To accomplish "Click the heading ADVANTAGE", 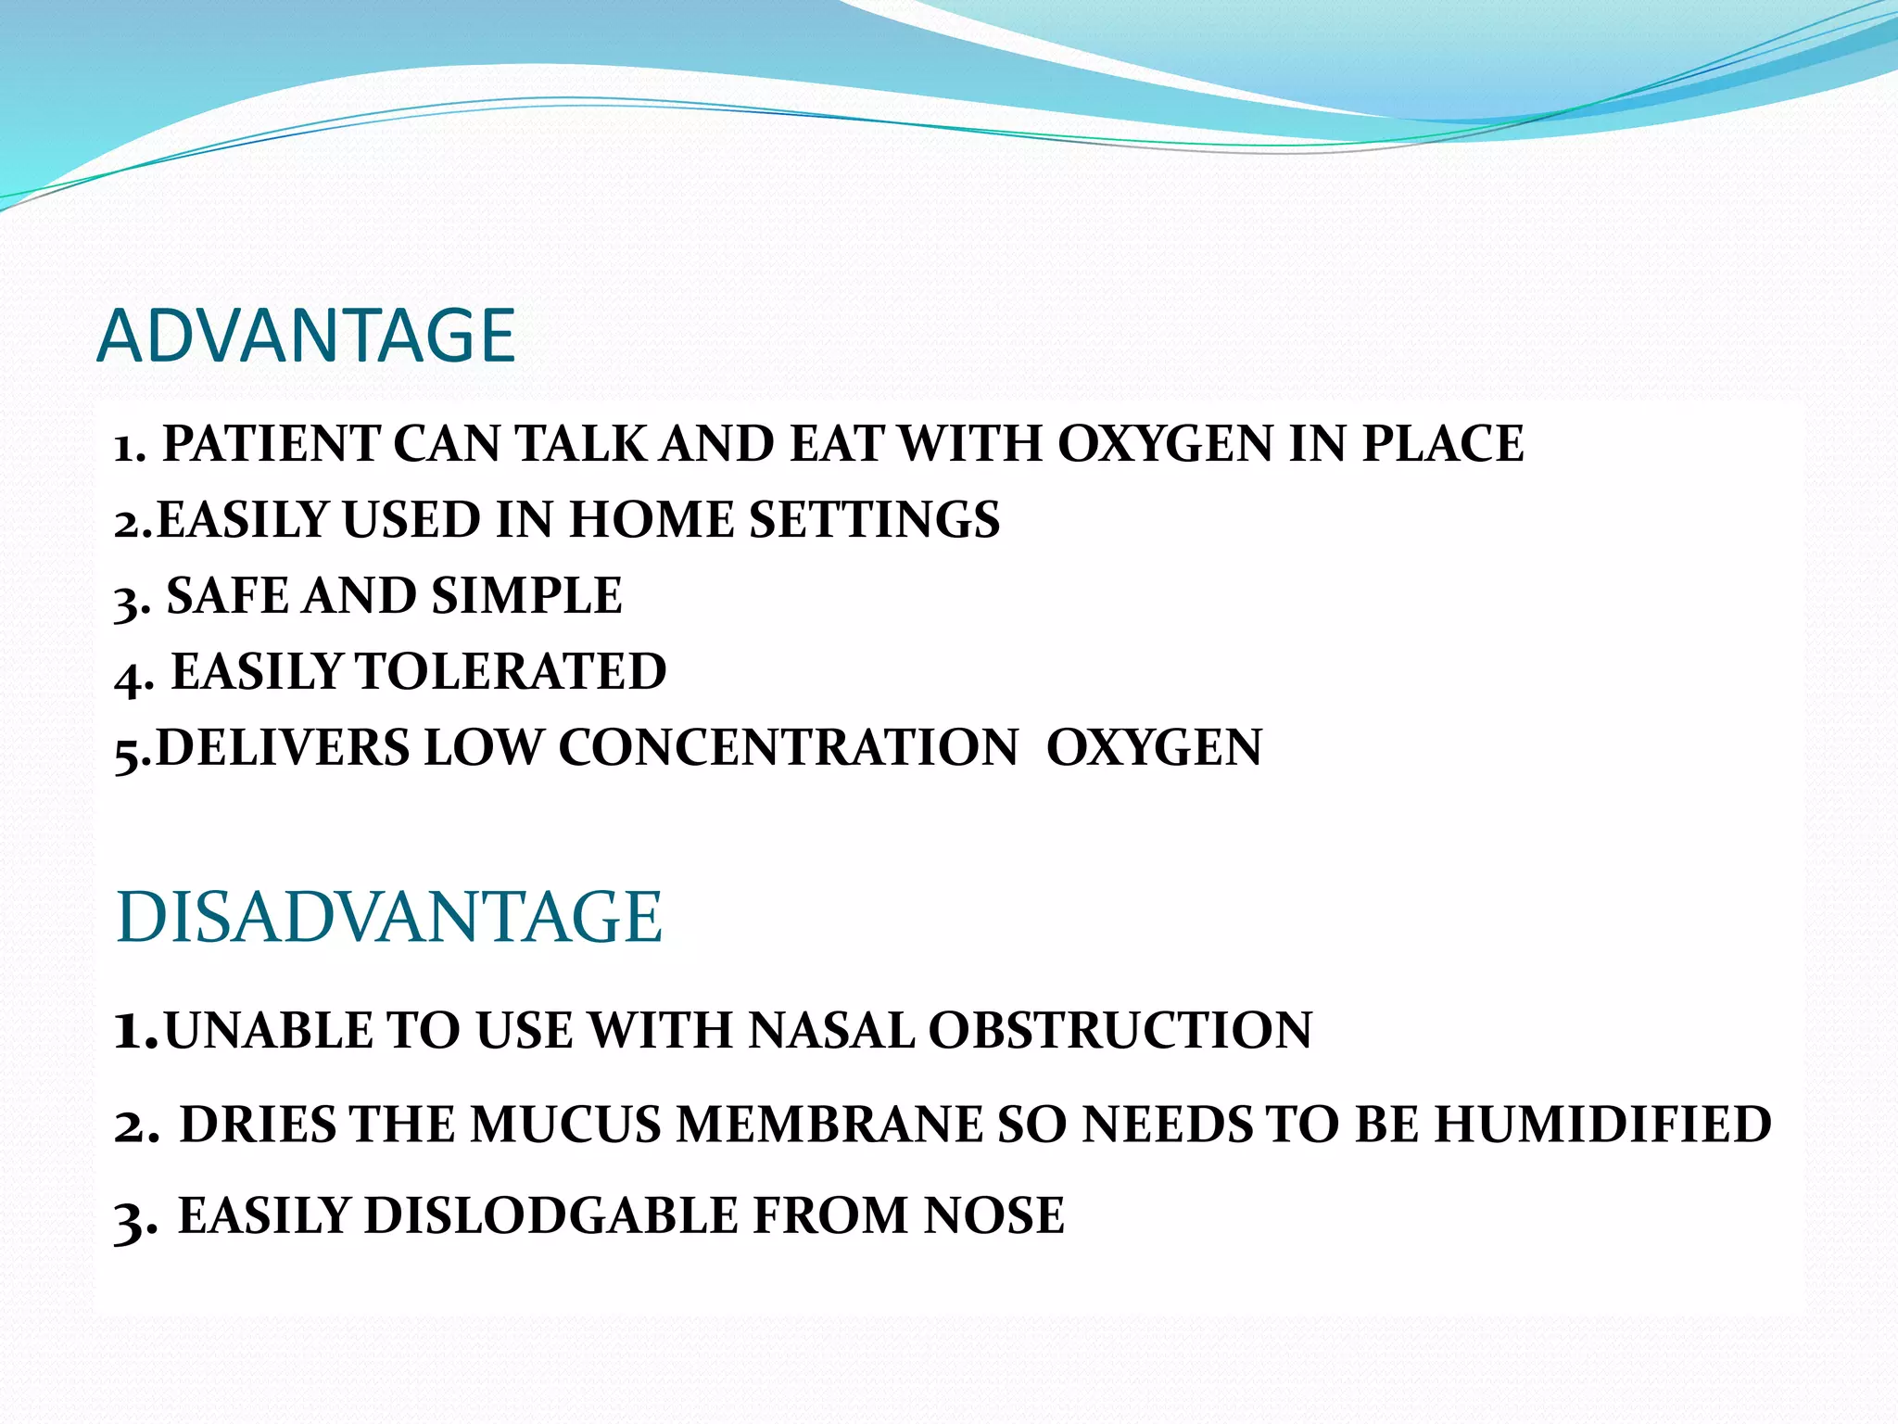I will click(x=306, y=336).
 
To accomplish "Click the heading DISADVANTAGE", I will click(x=389, y=918).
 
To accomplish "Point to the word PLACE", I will click(x=1442, y=444).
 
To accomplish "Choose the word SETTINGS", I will click(x=874, y=520).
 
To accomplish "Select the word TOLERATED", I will click(x=511, y=672).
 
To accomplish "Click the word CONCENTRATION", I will click(x=788, y=748).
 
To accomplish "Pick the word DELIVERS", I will click(x=283, y=748).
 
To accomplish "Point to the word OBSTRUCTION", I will click(x=1120, y=1031).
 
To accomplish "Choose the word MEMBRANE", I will click(x=829, y=1125).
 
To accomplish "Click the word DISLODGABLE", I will click(x=550, y=1216).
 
